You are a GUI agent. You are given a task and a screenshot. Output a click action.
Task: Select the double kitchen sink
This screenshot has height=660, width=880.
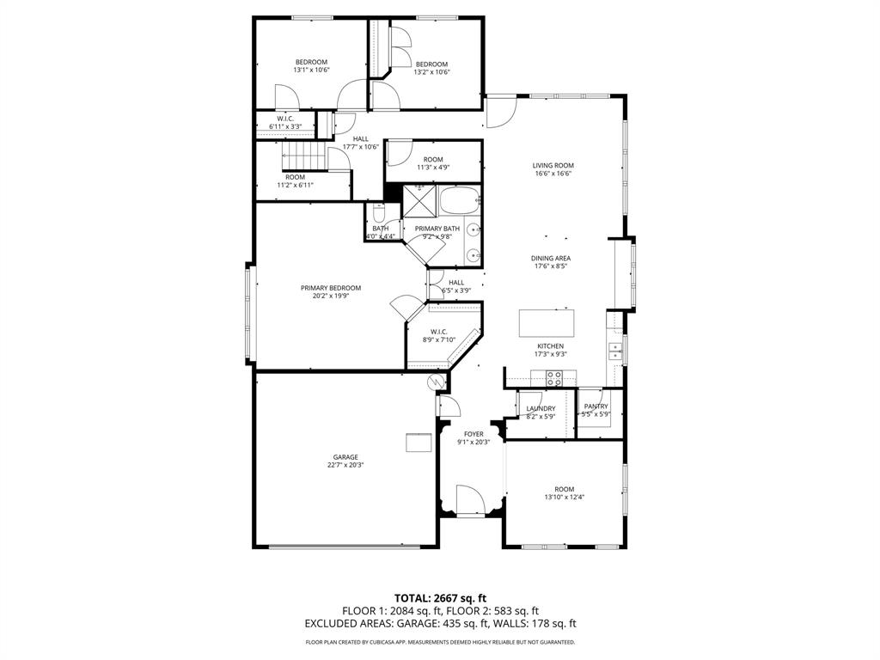(x=615, y=350)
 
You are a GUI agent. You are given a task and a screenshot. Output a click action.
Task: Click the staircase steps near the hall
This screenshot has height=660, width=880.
(x=306, y=156)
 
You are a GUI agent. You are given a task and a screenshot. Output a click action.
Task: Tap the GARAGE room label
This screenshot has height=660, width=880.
(x=346, y=457)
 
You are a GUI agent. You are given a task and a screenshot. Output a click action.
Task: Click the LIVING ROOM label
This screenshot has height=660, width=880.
(x=553, y=165)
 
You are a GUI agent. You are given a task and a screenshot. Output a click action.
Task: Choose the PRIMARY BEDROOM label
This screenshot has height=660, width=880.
(x=330, y=288)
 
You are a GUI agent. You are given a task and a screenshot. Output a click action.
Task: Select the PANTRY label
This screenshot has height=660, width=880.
(x=596, y=406)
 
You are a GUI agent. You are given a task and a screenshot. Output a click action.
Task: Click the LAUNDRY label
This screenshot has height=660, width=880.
(x=541, y=409)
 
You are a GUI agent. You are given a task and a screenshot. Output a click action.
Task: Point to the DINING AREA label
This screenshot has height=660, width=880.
(x=552, y=258)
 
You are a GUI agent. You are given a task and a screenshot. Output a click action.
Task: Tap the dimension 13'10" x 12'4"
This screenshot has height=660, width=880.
(x=564, y=498)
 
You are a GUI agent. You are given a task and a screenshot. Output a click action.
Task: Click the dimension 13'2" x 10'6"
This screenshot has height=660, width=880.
(x=431, y=72)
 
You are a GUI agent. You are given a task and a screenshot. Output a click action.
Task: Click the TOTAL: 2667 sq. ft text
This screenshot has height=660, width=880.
(x=440, y=597)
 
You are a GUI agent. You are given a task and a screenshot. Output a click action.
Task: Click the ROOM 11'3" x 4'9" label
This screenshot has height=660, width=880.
(x=432, y=159)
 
